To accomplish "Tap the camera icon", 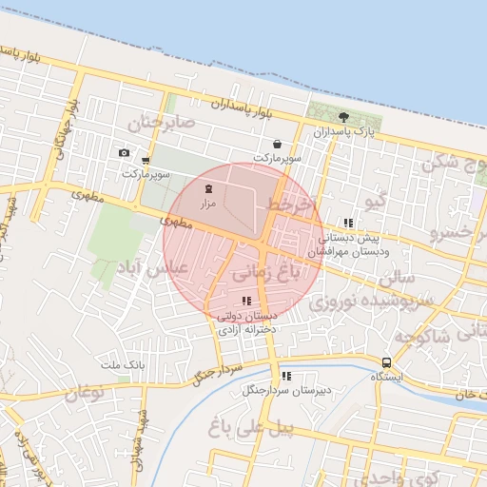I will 124,153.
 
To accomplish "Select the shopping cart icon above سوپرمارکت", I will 145,161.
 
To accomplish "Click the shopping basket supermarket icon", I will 276,145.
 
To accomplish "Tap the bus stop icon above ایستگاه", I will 386,362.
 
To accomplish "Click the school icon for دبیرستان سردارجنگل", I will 285,376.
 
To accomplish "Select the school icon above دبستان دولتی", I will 247,301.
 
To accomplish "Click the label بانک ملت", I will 121,365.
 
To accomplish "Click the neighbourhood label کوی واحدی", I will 427,476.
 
